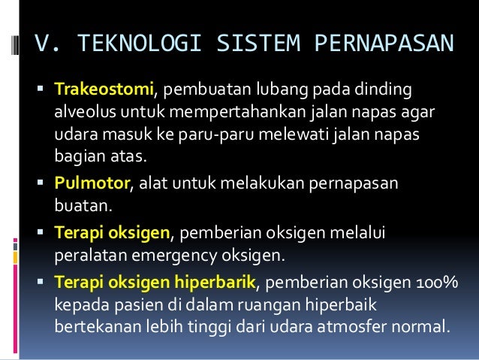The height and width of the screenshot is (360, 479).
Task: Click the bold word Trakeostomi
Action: pos(104,91)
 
